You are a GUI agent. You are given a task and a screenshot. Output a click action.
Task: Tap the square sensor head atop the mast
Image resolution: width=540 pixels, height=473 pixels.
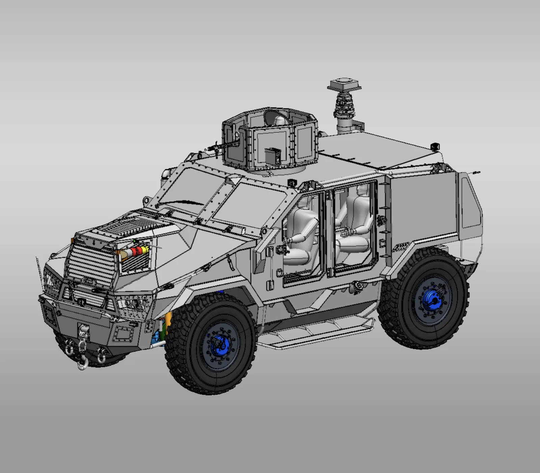[x=344, y=84]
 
